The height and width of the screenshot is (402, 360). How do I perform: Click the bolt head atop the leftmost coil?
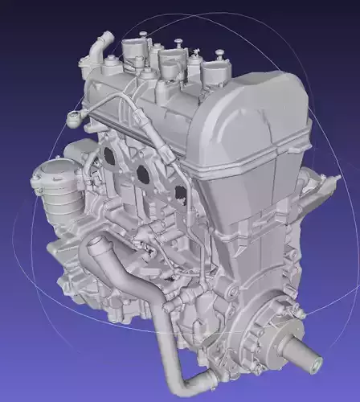[x=142, y=34]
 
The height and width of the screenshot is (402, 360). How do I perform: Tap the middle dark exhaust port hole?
[x=144, y=172]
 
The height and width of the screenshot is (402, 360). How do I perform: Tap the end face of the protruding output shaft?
[x=315, y=364]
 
